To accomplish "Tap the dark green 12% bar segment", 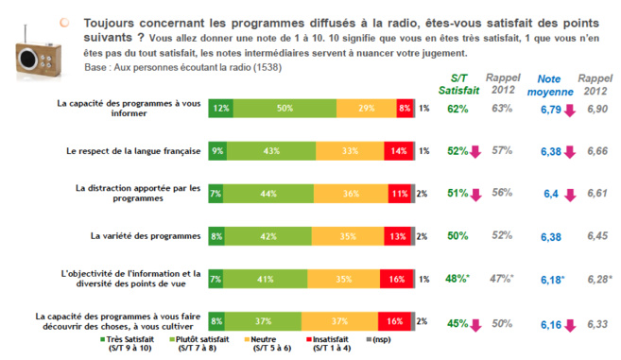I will (221, 109).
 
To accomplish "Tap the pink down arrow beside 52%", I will (478, 151).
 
